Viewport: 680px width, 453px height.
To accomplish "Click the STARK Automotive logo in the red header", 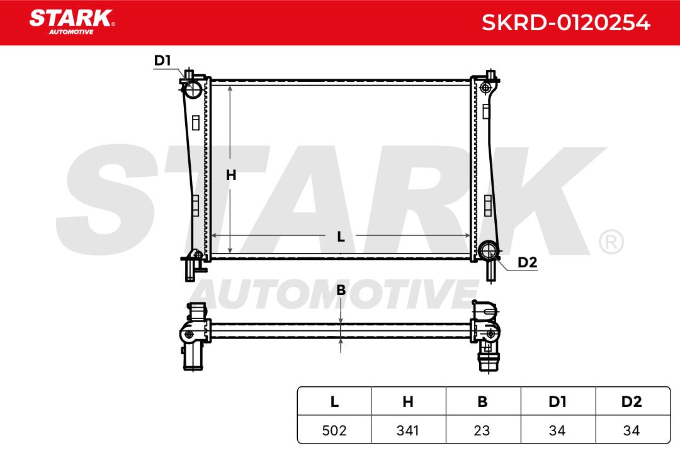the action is coord(72,22).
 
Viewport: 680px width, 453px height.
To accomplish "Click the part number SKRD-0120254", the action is coord(566,23).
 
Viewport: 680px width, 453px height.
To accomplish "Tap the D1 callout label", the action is coord(162,60).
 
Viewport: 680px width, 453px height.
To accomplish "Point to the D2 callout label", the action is coord(528,262).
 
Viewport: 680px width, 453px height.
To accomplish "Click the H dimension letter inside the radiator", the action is coord(230,175).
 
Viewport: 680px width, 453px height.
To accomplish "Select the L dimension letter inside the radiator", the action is coord(341,237).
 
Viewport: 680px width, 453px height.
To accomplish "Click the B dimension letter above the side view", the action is coord(341,290).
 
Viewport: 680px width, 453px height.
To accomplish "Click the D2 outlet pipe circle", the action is coord(487,250).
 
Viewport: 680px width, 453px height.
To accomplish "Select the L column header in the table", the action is coord(334,402).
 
